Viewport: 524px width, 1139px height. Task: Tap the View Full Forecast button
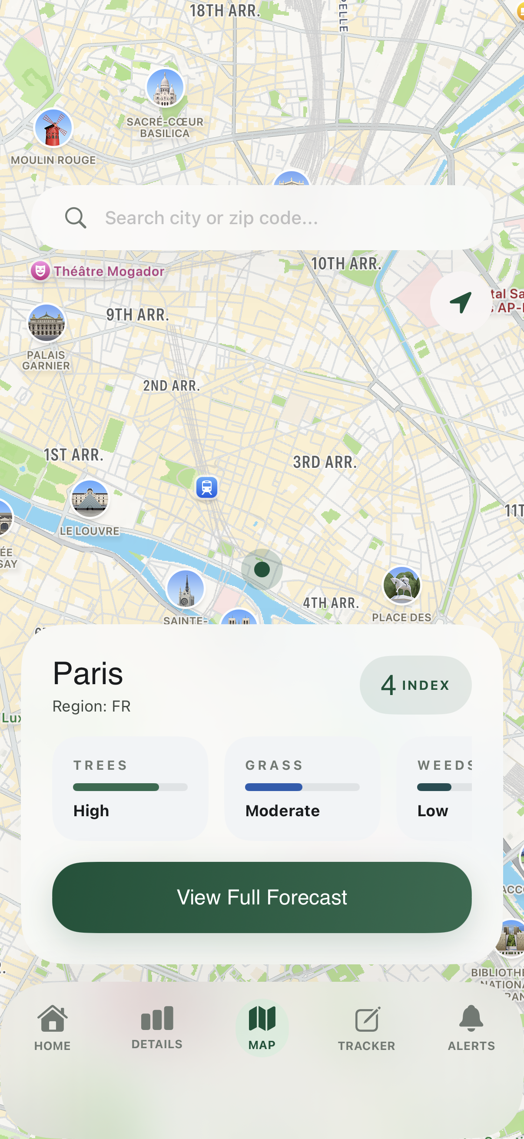(262, 897)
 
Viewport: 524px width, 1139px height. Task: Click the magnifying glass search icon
(76, 218)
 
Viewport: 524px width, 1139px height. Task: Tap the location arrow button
(460, 302)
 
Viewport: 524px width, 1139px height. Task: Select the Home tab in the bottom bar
(53, 1027)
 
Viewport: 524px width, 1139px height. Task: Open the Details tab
(157, 1027)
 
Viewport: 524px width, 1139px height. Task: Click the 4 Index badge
(415, 685)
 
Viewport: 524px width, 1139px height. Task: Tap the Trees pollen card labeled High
(130, 788)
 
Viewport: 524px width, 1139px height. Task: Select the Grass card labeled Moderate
(302, 788)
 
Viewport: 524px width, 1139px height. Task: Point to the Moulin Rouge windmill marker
(53, 128)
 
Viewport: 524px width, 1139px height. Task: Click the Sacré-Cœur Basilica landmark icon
(165, 88)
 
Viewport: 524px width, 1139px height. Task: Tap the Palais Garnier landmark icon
(46, 323)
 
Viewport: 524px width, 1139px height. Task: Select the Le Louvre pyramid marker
(90, 499)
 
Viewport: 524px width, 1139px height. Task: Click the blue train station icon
(206, 488)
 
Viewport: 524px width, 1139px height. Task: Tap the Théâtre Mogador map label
(108, 271)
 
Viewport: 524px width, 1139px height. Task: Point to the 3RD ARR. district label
(325, 462)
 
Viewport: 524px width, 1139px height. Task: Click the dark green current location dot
(262, 569)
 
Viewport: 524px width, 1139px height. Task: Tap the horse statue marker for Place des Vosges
(401, 586)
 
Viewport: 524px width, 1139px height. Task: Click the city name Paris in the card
(88, 673)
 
